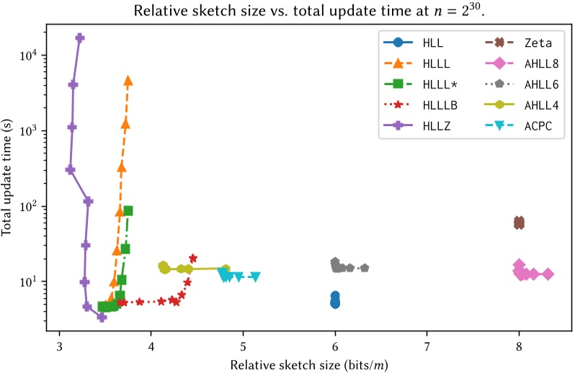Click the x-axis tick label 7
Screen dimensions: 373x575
click(x=427, y=344)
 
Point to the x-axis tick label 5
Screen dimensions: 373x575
click(x=244, y=344)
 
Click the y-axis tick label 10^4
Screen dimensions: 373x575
click(x=36, y=56)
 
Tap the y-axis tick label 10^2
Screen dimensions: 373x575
click(x=36, y=207)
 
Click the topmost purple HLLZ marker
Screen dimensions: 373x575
click(x=80, y=38)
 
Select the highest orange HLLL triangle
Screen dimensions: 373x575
click(x=128, y=81)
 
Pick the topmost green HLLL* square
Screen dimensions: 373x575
click(x=128, y=211)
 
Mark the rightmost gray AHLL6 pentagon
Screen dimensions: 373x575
click(x=365, y=268)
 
